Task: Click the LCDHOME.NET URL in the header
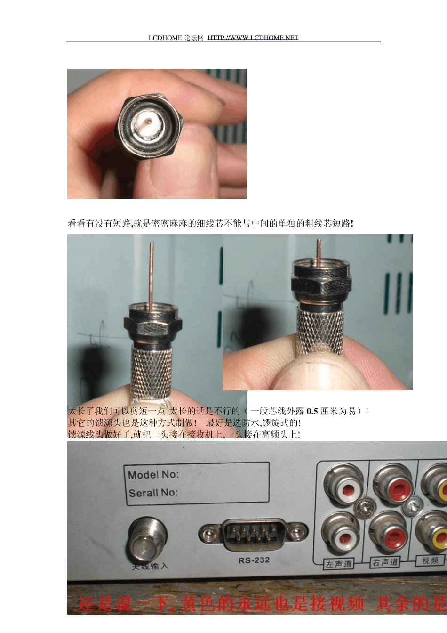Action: (253, 38)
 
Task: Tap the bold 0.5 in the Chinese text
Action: (312, 411)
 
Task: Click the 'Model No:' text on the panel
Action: (153, 475)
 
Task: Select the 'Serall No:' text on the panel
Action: (153, 493)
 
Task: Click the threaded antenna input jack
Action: (148, 539)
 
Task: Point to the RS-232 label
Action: (254, 560)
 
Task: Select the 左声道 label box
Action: (339, 564)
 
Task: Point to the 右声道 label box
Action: (385, 562)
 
